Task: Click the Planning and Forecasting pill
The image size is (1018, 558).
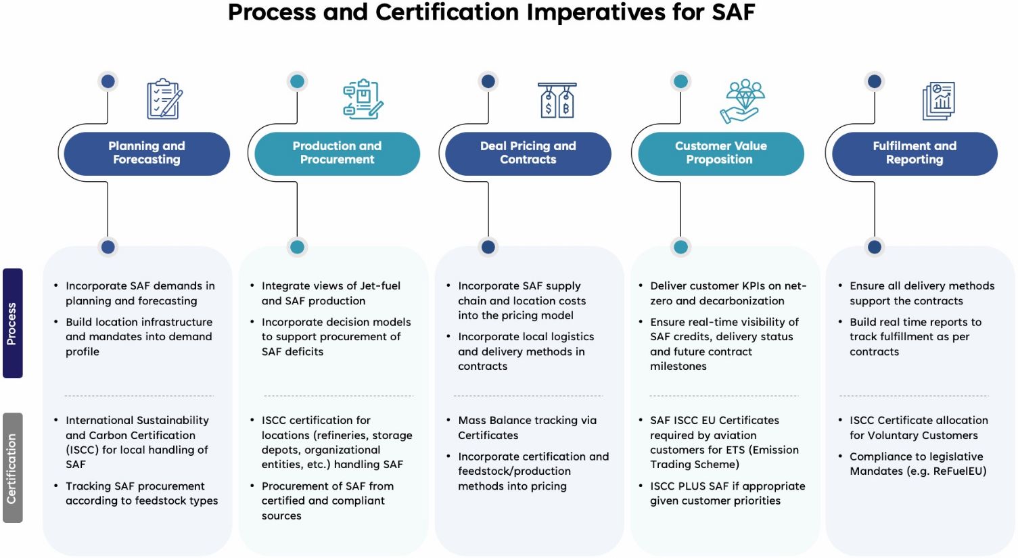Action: pos(147,153)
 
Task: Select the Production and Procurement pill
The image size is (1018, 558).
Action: pos(337,153)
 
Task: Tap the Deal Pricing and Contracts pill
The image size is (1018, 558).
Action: pos(528,153)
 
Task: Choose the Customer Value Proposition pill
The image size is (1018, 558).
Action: pos(720,153)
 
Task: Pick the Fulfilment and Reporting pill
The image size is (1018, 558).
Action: pos(915,153)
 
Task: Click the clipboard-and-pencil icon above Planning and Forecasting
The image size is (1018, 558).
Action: pos(164,99)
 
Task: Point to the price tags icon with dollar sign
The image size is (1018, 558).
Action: pos(557,100)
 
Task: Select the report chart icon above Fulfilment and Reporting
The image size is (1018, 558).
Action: pos(939,101)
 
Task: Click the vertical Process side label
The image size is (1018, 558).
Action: pos(12,323)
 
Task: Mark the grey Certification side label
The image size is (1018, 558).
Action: pos(12,468)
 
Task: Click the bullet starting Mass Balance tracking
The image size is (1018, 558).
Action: pos(527,427)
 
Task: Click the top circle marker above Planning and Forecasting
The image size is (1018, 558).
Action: pos(108,82)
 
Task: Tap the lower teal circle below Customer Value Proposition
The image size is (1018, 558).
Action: pos(680,248)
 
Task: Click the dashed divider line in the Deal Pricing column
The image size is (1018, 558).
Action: pos(528,396)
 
